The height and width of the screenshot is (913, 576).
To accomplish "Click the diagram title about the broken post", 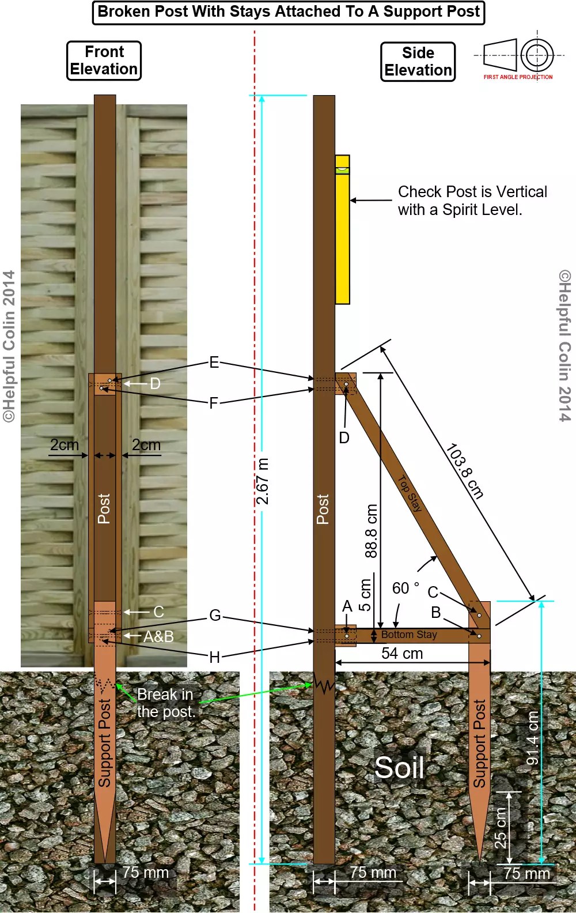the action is (x=289, y=12).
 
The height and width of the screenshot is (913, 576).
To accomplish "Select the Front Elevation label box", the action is (x=104, y=61).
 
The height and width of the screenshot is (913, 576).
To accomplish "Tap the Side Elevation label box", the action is (x=418, y=62).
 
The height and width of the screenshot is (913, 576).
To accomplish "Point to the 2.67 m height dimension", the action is (x=263, y=481).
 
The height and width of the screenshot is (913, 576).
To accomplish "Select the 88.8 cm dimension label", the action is (x=372, y=531).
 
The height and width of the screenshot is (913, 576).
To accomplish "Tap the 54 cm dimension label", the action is (x=402, y=654).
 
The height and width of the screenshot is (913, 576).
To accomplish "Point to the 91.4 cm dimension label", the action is (x=533, y=738).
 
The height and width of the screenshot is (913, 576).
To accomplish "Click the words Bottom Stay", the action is (x=409, y=635).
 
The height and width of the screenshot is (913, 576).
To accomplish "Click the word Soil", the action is (x=399, y=767).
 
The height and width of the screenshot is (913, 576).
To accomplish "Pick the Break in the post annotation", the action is (x=166, y=703).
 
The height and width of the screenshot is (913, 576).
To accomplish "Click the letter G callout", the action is (x=215, y=616).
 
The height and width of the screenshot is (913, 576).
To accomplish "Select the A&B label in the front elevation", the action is (x=158, y=636).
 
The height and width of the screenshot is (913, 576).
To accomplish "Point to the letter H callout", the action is (x=214, y=657).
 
